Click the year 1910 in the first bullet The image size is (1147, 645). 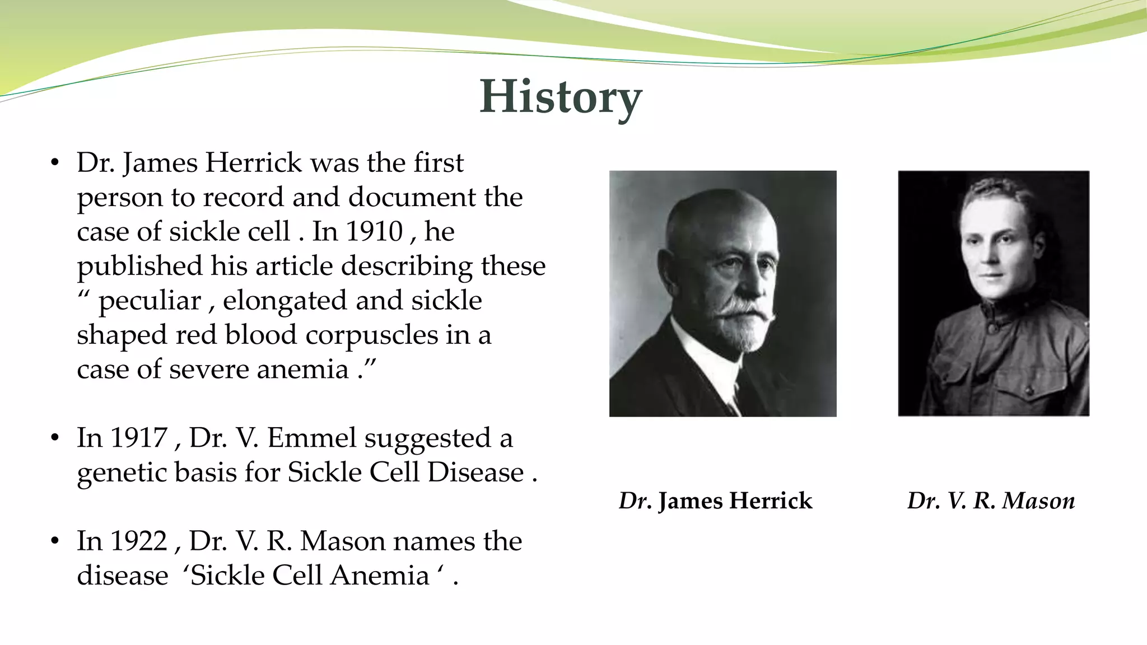coord(374,231)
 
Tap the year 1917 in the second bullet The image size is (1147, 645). coord(138,438)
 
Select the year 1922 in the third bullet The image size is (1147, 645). coord(138,541)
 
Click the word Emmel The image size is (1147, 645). coord(311,438)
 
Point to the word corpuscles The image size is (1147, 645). coord(372,335)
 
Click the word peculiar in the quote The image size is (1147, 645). coord(150,301)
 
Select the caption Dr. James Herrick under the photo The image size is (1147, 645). coord(715,501)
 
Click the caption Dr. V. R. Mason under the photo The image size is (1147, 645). coord(991,501)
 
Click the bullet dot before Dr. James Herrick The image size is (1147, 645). coord(54,163)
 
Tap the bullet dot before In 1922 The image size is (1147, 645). coord(54,541)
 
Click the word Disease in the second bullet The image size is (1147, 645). coord(475,473)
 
